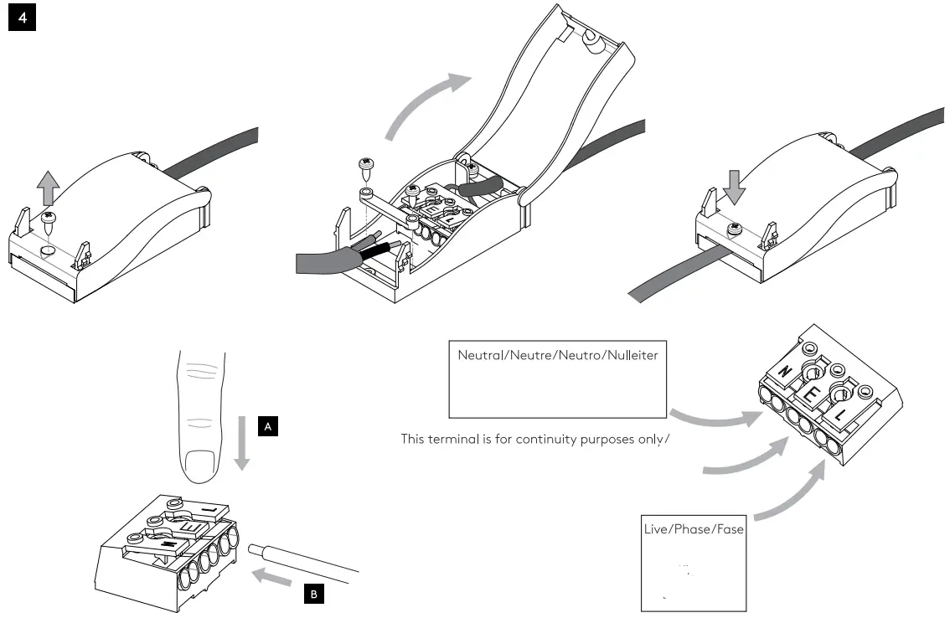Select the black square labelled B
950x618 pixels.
pyautogui.click(x=313, y=595)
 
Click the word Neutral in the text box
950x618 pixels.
pyautogui.click(x=478, y=355)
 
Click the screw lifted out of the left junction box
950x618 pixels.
pyautogui.click(x=49, y=222)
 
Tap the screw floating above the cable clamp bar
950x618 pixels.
pyautogui.click(x=365, y=167)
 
